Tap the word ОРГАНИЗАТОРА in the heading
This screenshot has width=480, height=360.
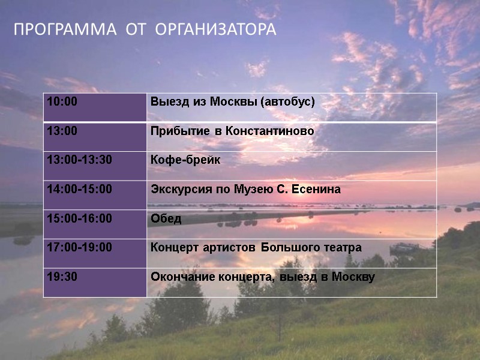pyautogui.click(x=215, y=29)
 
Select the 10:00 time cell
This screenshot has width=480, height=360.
pyautogui.click(x=62, y=102)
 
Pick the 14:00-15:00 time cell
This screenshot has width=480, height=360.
pyautogui.click(x=79, y=190)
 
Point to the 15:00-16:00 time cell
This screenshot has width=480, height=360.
pyautogui.click(x=79, y=219)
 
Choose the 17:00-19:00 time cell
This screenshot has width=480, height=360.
pyautogui.click(x=79, y=248)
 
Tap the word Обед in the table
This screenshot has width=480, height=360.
pyautogui.click(x=166, y=219)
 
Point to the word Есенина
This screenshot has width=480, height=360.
pyautogui.click(x=317, y=190)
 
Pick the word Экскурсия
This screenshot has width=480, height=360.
pyautogui.click(x=177, y=190)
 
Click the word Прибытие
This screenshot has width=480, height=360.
pyautogui.click(x=175, y=131)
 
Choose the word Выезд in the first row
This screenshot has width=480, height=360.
pyautogui.click(x=166, y=102)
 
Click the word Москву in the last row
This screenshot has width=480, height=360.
pyautogui.click(x=353, y=277)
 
